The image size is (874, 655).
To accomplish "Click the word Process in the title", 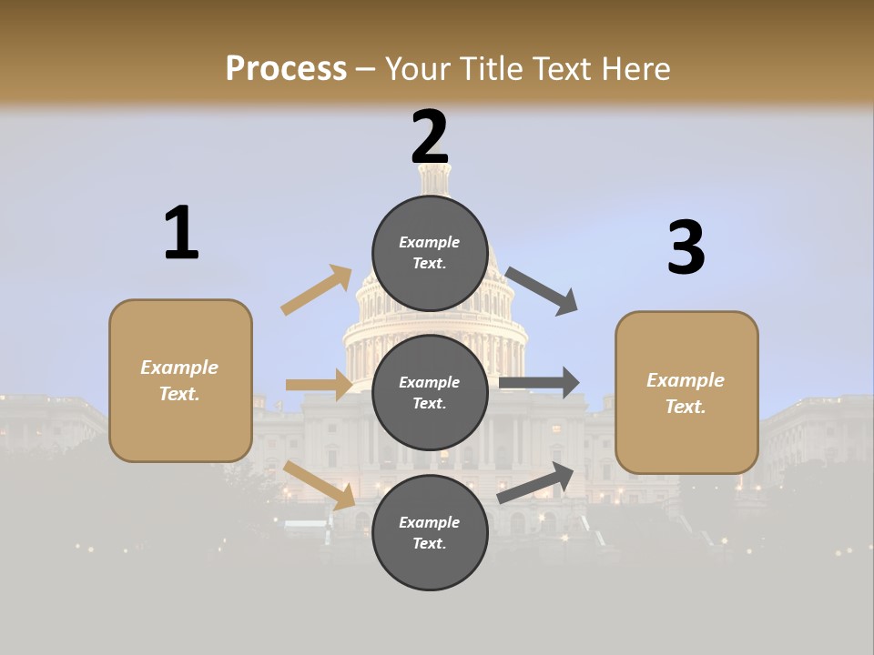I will coord(286,68).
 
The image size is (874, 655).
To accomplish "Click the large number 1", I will coord(181,233).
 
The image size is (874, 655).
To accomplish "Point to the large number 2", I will coord(430,137).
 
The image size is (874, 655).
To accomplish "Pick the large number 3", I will coord(686,247).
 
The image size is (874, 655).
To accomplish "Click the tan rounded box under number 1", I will coord(180,380).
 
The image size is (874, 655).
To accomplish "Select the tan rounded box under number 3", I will coord(686,392).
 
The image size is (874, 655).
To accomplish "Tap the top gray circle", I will coord(430,253).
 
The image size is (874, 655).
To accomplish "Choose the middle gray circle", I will coord(430,392).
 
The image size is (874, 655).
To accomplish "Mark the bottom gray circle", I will coord(430,532).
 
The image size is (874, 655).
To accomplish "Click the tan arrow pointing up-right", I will coord(317,289).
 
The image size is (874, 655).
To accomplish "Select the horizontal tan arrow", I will coord(319,385).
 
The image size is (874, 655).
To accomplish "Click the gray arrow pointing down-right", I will coord(542,290).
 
